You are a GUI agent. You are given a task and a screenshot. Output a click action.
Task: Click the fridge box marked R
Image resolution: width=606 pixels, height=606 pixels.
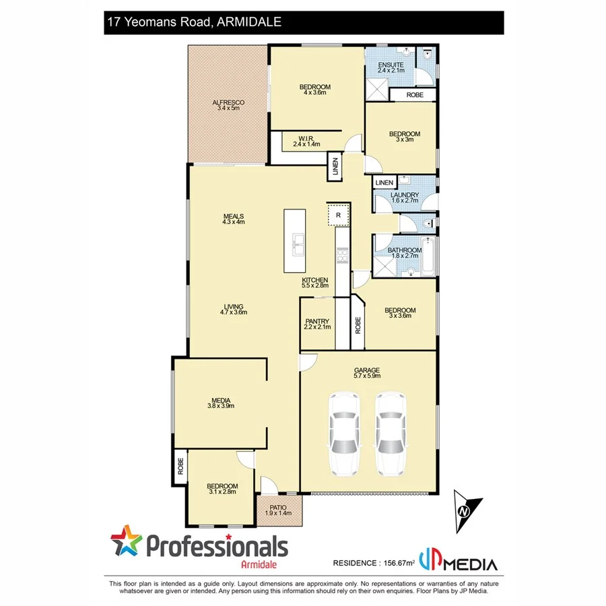point(339,215)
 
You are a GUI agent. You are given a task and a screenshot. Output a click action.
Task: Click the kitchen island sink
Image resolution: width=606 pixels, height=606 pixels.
point(297,244)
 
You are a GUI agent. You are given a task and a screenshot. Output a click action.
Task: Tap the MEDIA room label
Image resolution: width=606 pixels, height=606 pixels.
point(221,403)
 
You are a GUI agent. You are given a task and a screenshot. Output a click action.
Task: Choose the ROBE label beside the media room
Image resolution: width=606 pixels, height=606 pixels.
point(180,467)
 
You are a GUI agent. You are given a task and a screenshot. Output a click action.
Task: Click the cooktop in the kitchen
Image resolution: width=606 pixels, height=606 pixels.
point(342,255)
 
